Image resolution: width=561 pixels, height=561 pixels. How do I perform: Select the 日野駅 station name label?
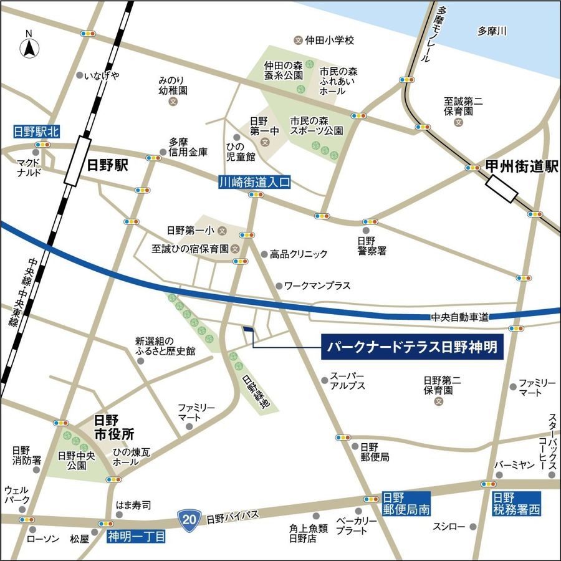[x=108, y=165]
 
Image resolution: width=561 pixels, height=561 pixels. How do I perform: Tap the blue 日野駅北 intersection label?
[x=37, y=132]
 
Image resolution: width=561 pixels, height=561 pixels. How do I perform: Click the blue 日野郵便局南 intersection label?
[x=406, y=504]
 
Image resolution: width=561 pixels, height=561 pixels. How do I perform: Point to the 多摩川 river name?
[x=492, y=31]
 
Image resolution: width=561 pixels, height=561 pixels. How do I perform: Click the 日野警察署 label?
[x=372, y=246]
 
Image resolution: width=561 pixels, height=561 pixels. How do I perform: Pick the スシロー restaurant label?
[x=449, y=527]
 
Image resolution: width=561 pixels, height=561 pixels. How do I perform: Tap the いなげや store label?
[x=102, y=75]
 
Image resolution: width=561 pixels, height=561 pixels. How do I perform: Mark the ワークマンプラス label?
[x=317, y=286]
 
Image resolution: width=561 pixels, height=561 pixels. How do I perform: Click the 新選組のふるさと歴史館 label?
[x=165, y=347]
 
